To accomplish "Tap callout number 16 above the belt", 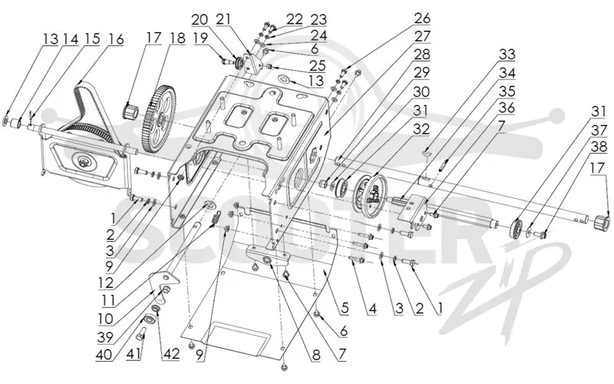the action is [116, 39].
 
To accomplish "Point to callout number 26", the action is [422, 18].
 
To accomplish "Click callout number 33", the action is [507, 55].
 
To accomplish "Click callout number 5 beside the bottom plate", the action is [344, 308].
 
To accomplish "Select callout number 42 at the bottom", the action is [170, 354].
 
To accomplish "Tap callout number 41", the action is [134, 354].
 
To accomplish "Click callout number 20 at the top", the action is [200, 19].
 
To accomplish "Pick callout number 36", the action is [507, 108].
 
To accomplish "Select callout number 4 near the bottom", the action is [372, 309].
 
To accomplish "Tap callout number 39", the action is [106, 336].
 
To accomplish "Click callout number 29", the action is [422, 72].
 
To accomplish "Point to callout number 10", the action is [106, 319].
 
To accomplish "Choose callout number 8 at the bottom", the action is [316, 355].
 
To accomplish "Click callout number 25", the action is [318, 65].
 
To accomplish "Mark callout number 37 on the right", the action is [599, 130].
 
